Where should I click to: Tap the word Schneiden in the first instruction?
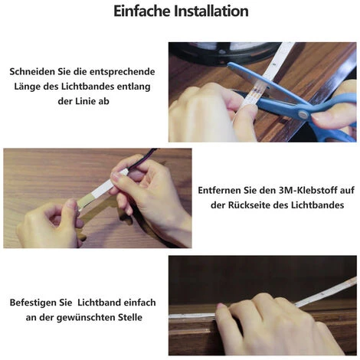(x=32, y=71)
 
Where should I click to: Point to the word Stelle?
(x=130, y=318)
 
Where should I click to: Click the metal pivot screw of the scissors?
(x=303, y=114)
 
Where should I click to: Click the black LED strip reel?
(x=223, y=53)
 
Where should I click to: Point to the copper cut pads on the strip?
(x=256, y=91)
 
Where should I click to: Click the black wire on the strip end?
(x=142, y=158)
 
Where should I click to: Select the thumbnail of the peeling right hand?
(x=117, y=176)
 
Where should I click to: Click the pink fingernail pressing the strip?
(x=221, y=306)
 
